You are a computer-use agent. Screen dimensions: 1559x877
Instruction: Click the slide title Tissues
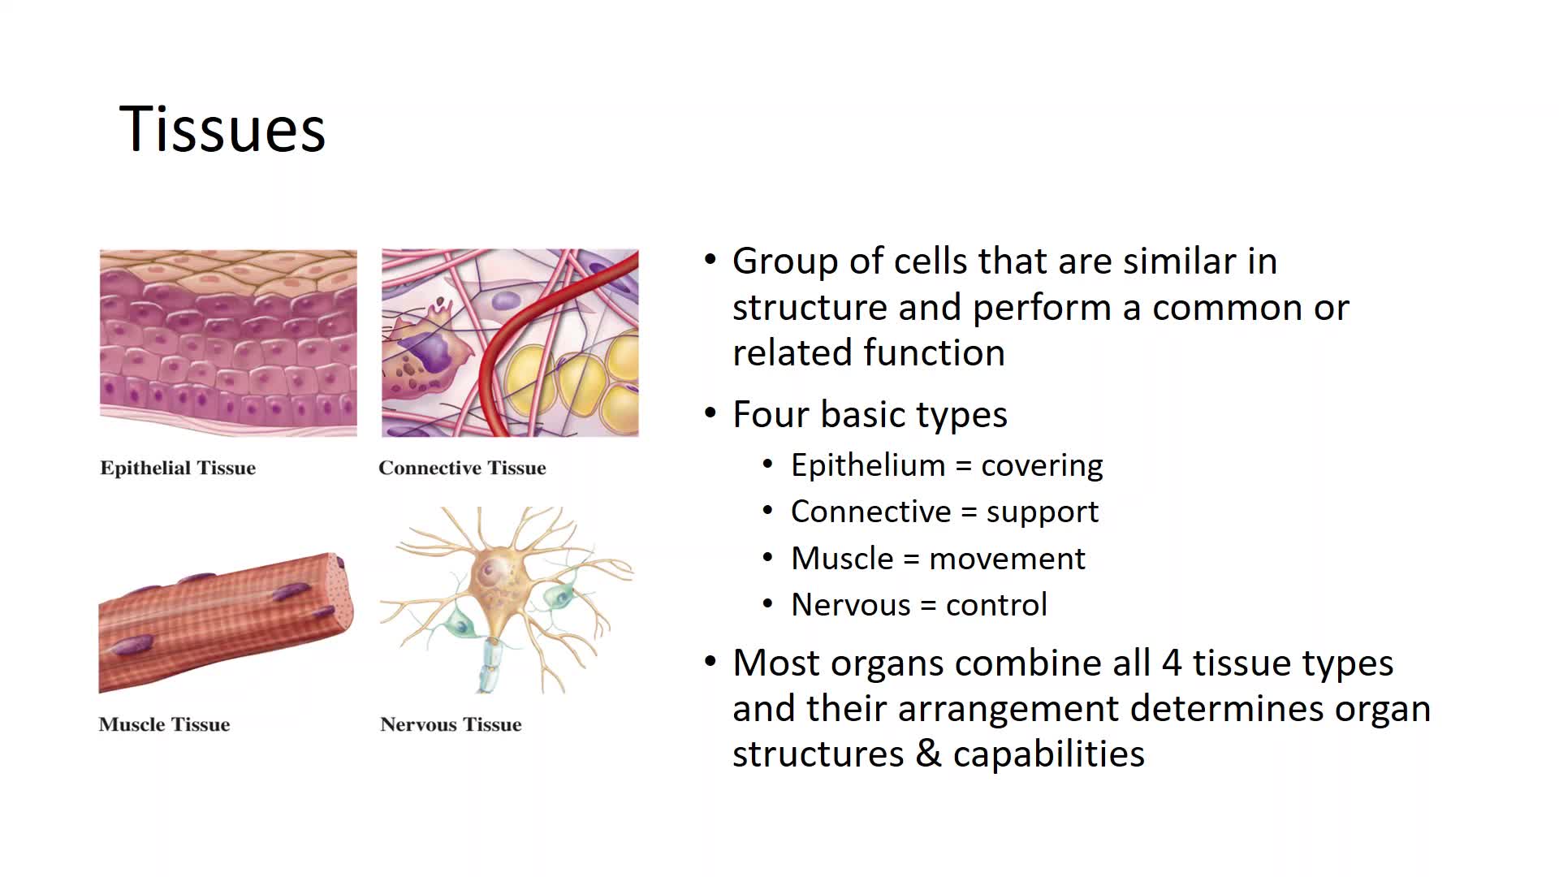coord(222,129)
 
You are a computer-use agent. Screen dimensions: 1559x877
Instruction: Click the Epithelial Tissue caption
coord(178,468)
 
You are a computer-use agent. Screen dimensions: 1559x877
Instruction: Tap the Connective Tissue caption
coord(462,468)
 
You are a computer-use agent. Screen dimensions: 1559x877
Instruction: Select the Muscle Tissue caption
coord(164,724)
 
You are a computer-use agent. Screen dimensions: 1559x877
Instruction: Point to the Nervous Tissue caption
coord(451,724)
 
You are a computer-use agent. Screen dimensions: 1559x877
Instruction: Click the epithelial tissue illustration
coord(228,343)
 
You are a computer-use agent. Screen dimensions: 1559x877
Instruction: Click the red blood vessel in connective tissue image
coord(520,341)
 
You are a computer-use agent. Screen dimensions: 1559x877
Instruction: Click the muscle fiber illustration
coord(226,623)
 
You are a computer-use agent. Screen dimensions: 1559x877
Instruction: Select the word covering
coord(1042,465)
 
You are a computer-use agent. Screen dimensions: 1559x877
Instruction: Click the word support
coord(1042,512)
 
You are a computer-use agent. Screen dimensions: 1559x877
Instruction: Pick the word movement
coord(1007,559)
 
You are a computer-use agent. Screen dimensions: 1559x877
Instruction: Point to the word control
coord(996,605)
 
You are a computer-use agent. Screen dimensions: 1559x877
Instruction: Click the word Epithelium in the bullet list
coord(868,465)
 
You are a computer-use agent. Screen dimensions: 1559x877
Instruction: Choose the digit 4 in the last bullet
coord(1171,663)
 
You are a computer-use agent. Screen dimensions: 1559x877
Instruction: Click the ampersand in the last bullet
coord(928,754)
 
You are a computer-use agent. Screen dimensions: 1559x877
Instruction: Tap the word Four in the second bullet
coord(770,414)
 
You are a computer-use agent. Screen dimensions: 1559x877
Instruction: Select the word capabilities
coord(1048,754)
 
